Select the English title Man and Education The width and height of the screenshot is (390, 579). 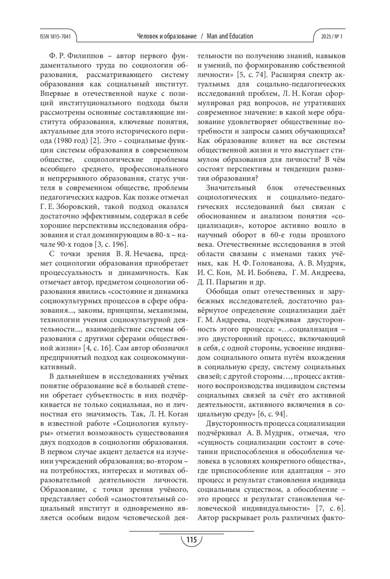point(230,36)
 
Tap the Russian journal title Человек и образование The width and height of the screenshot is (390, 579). point(167,36)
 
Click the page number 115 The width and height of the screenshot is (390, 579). point(191,540)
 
